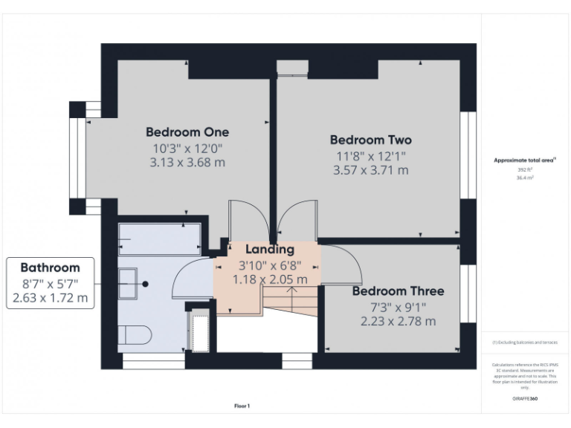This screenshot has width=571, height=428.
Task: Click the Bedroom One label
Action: [x=187, y=132]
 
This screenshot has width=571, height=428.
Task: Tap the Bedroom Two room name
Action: [x=370, y=140]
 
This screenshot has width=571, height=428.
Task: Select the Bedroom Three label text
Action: [x=398, y=291]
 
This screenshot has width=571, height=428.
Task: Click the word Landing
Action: [x=270, y=250]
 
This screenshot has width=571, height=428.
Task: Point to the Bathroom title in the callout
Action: [x=50, y=267]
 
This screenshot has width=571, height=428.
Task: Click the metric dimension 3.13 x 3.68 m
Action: [x=187, y=163]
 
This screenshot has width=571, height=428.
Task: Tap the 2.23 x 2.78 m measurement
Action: [x=398, y=321]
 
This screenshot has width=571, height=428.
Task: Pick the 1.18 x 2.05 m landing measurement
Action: [x=270, y=279]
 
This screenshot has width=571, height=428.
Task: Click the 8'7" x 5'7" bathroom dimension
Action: [x=50, y=283]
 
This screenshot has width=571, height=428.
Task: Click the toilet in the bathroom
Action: [x=134, y=336]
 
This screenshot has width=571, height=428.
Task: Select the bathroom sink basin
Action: [x=129, y=283]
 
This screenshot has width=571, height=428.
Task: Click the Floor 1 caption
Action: [x=242, y=406]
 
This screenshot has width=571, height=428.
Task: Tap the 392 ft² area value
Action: [x=525, y=169]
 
